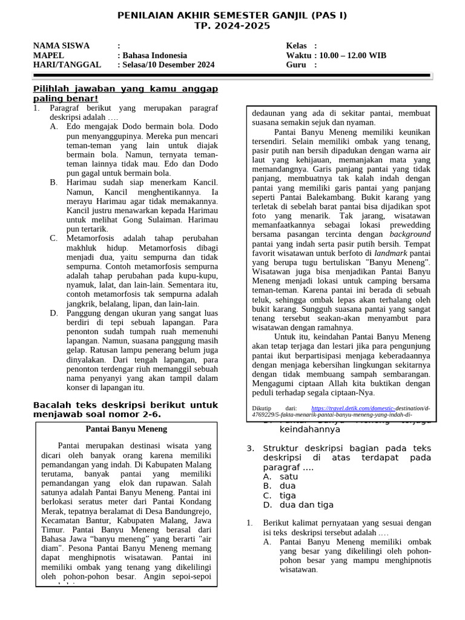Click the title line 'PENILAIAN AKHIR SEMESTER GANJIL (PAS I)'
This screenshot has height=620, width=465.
[232, 16]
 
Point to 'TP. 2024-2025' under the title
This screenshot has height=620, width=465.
[232, 25]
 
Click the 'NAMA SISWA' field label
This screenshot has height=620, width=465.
[61, 46]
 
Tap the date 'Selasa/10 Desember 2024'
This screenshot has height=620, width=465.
[168, 65]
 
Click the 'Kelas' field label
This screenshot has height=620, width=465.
[298, 46]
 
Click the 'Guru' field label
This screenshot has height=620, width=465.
[297, 65]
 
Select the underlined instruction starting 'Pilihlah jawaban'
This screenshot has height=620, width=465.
[125, 94]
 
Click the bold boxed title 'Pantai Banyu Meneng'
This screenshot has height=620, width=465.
[126, 429]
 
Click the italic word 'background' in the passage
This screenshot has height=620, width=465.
[410, 234]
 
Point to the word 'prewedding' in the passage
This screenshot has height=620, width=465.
[400, 224]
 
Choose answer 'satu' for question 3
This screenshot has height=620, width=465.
[289, 477]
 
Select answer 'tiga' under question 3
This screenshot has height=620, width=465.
[288, 495]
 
